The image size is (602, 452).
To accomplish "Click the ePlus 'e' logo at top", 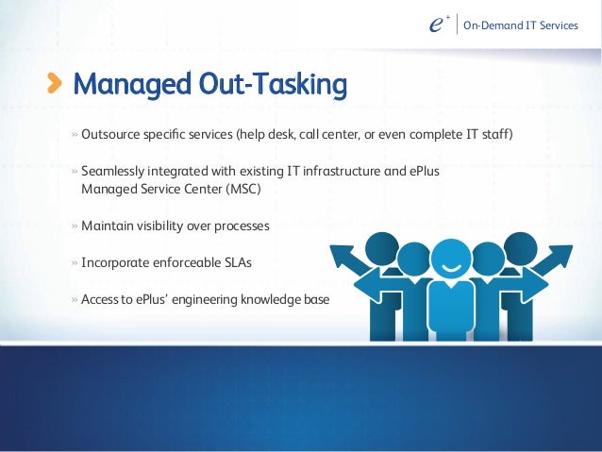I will tap(435, 25).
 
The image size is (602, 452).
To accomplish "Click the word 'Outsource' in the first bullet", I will tap(110, 135).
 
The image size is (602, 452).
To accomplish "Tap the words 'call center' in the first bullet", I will tap(331, 135).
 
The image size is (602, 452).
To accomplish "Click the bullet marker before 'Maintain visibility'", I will tap(74, 226).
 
